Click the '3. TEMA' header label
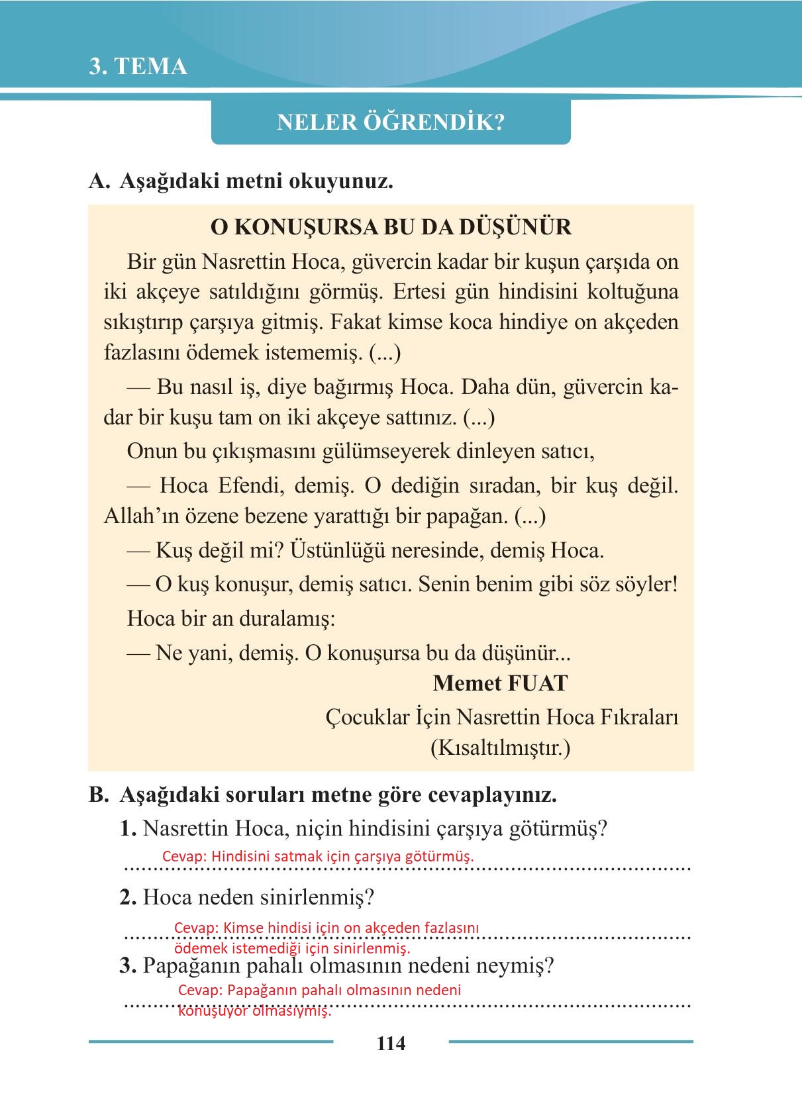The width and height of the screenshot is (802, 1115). pyautogui.click(x=138, y=67)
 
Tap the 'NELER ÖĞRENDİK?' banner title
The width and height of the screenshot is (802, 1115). pyautogui.click(x=390, y=122)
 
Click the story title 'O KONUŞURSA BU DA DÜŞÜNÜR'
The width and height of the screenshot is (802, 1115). pyautogui.click(x=391, y=228)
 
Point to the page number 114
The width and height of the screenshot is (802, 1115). pyautogui.click(x=391, y=1043)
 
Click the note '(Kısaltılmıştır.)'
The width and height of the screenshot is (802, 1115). pyautogui.click(x=500, y=748)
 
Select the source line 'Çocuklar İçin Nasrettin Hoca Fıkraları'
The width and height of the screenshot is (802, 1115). pyautogui.click(x=502, y=717)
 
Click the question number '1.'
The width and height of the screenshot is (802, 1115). pyautogui.click(x=128, y=829)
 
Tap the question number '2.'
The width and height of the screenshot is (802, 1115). pyautogui.click(x=128, y=898)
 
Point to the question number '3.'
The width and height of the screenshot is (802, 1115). pyautogui.click(x=128, y=966)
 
